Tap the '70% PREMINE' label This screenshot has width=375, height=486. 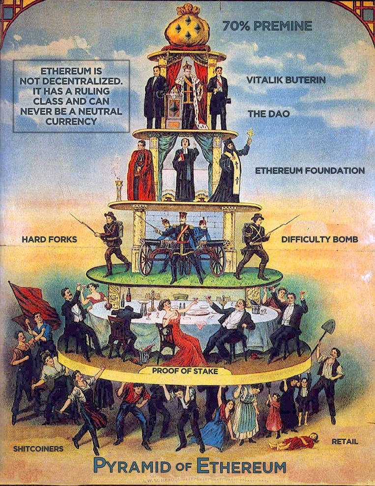[267, 26]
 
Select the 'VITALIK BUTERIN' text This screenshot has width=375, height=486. [286, 80]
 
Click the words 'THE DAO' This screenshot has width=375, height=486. [268, 114]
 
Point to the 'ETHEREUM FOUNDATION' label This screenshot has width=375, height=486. [310, 171]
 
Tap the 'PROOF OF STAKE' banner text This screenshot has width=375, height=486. [184, 371]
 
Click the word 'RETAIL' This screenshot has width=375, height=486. [345, 441]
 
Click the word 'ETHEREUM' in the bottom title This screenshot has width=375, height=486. [241, 465]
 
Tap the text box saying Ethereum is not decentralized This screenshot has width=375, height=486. [71, 96]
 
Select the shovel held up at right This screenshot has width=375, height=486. [327, 329]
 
